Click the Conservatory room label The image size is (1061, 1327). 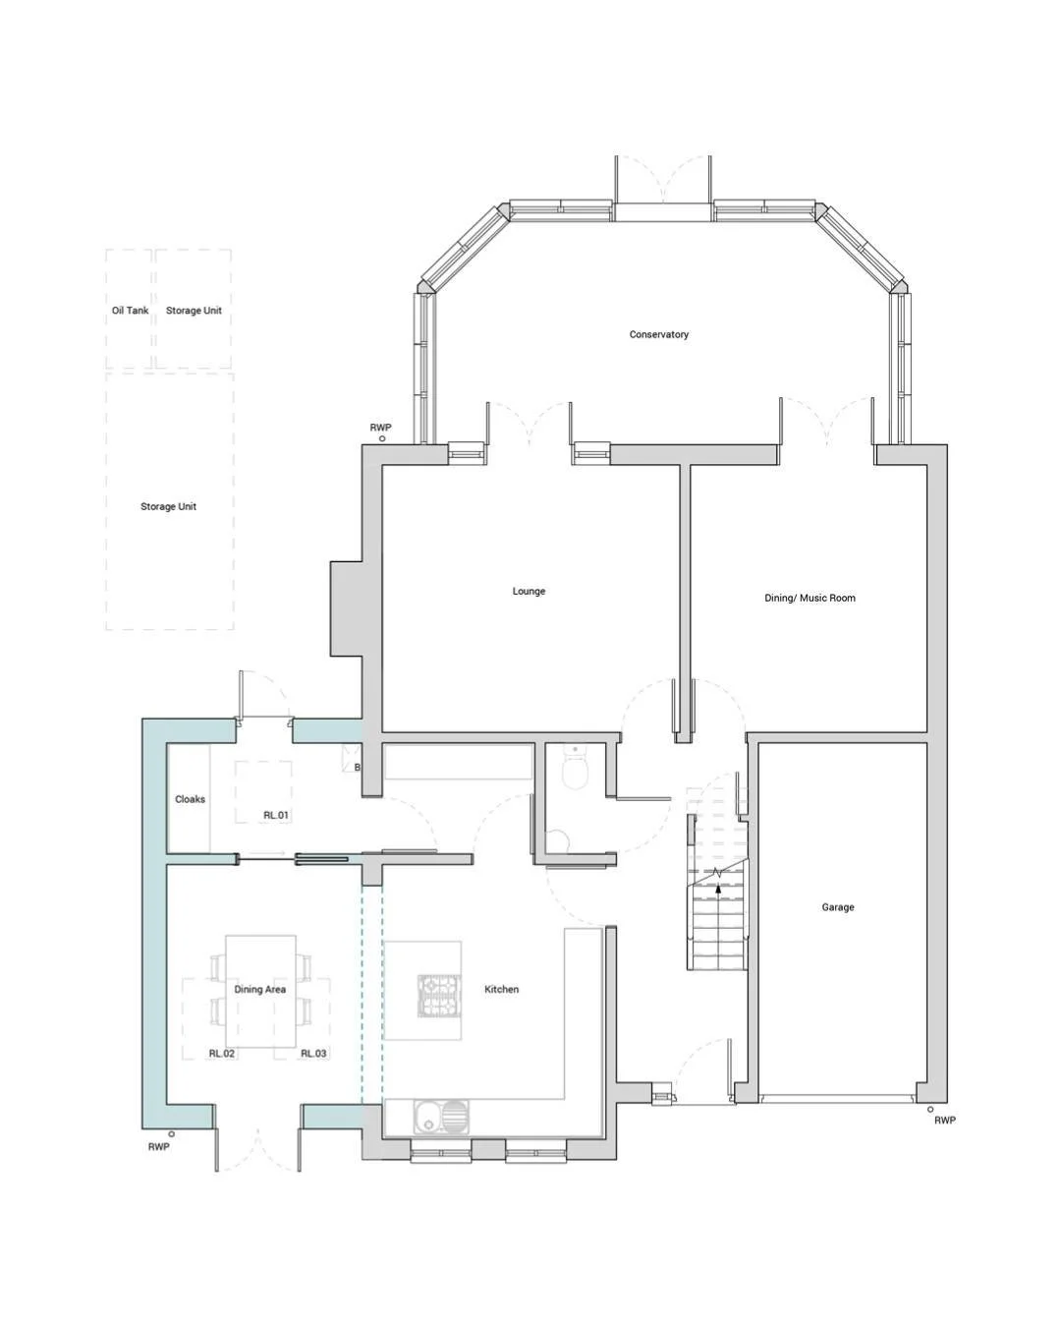click(658, 334)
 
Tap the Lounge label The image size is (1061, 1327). click(529, 591)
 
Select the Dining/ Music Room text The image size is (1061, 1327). click(810, 598)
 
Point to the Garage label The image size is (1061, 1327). click(837, 907)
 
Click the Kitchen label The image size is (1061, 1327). click(501, 989)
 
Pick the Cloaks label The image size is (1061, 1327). click(190, 799)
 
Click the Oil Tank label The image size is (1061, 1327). click(130, 311)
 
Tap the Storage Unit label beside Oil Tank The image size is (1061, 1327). click(194, 311)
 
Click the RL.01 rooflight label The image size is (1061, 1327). click(276, 815)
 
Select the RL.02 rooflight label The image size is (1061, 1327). click(221, 1053)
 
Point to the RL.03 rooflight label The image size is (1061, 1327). click(313, 1053)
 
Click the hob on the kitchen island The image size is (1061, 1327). click(439, 995)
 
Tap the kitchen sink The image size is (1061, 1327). click(441, 1117)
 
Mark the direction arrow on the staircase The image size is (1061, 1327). click(718, 888)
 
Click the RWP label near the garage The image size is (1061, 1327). click(944, 1121)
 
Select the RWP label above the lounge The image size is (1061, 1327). click(380, 428)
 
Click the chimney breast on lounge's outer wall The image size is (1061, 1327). click(346, 608)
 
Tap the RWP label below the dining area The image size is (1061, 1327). click(158, 1147)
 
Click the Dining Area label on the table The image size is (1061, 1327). click(259, 990)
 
